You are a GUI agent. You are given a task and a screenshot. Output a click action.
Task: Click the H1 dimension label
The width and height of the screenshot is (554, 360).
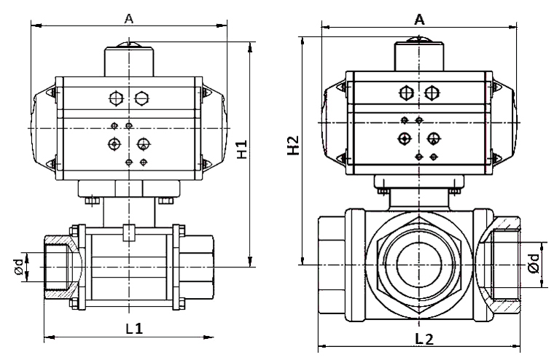pos(242,149)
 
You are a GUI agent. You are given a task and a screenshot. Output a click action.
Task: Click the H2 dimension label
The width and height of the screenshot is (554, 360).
pos(293,146)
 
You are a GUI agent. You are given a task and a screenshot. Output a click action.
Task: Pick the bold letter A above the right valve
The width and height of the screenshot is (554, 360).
pos(419,20)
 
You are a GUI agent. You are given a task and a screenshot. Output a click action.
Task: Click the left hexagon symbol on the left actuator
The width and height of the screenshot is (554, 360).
pos(114,97)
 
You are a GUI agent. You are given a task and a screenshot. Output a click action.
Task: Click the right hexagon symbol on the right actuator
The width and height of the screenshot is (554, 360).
pos(432,93)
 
